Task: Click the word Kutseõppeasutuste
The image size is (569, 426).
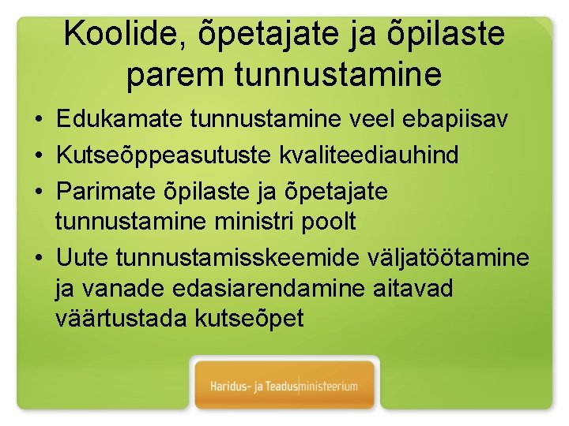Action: tap(164, 155)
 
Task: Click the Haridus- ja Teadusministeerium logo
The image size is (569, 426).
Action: tap(284, 387)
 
